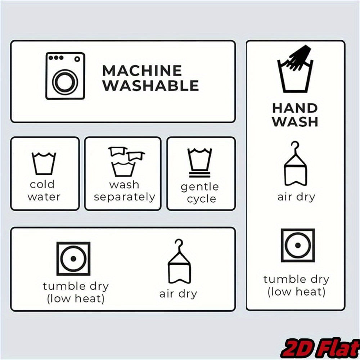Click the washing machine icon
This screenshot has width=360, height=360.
(x=65, y=76)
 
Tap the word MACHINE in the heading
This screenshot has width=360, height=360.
(x=142, y=71)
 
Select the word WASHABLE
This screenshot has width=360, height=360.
(x=150, y=86)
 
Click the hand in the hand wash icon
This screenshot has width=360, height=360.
(x=300, y=57)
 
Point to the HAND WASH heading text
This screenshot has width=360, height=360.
(x=295, y=115)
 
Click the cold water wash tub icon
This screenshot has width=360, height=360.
(x=44, y=163)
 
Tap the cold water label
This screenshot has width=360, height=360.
(x=44, y=190)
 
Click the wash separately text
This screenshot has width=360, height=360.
(x=125, y=191)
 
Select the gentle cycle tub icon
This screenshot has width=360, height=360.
(x=200, y=163)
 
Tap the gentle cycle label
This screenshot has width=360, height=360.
(x=200, y=193)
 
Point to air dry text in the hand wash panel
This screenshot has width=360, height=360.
(x=296, y=197)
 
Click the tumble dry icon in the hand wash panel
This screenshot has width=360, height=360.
(x=298, y=246)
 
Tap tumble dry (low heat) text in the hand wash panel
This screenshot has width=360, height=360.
(x=296, y=286)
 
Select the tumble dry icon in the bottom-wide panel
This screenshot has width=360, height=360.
(x=73, y=259)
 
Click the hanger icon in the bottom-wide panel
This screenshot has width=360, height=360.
(x=179, y=261)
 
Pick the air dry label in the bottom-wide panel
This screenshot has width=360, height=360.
(x=179, y=294)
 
